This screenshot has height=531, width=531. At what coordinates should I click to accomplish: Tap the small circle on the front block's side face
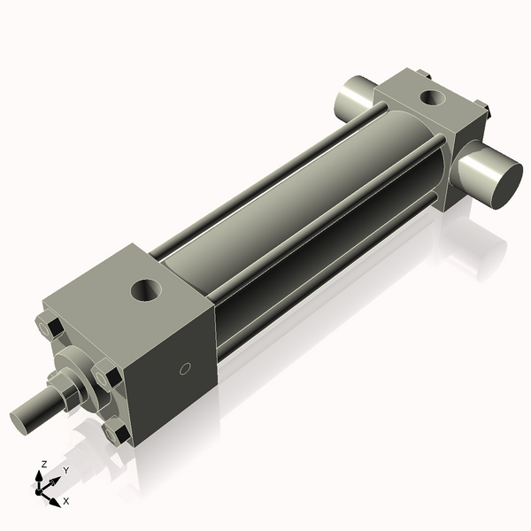pos(185,368)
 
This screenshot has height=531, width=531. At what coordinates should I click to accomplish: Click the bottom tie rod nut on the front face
pos(116,432)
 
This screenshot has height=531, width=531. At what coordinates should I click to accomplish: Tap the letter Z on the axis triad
pos(44,464)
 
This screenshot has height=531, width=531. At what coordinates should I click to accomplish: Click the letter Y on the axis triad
pos(66,471)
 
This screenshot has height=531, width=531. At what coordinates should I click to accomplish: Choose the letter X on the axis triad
pos(66,501)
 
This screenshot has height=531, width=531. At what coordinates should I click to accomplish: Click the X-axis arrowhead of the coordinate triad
pos(55,501)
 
